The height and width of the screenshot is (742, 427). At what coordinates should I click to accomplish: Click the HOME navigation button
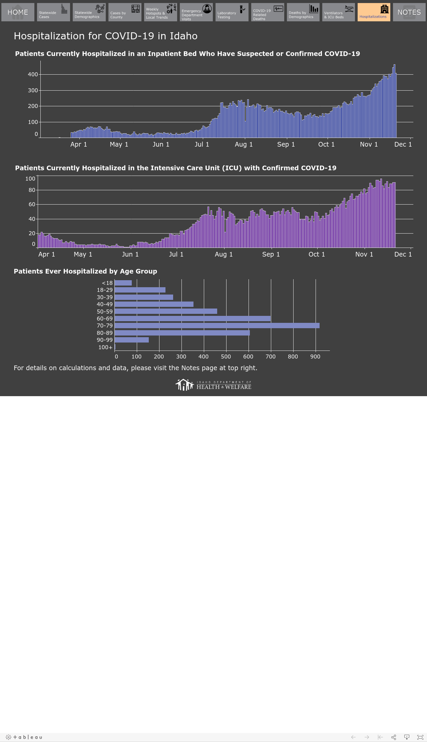coord(18,12)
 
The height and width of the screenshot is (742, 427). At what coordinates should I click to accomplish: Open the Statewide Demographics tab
coord(89,12)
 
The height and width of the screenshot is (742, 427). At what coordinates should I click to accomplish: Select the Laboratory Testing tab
coord(232,12)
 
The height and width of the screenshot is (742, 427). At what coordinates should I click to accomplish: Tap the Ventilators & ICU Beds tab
coord(339,12)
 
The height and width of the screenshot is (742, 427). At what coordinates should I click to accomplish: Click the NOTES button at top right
coord(409,12)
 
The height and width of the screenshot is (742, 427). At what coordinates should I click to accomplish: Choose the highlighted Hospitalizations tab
coord(374,12)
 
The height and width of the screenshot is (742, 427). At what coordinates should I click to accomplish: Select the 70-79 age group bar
coord(217,326)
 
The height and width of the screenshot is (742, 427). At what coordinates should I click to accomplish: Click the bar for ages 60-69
coord(192,319)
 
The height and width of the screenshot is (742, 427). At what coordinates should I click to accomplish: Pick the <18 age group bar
coord(123,283)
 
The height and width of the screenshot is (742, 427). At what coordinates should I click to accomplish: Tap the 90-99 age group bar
coord(131,340)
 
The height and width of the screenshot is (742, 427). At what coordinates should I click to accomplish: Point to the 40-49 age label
coord(105,304)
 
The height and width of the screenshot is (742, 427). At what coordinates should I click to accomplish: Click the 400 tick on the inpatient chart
coord(33,74)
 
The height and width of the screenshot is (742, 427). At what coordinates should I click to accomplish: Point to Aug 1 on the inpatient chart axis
coord(244,144)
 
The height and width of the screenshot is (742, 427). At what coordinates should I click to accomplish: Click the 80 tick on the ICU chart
coord(32,190)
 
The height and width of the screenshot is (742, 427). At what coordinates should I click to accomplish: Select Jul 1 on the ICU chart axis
coord(176,254)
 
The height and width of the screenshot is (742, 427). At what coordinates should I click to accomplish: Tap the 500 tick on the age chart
coord(226,357)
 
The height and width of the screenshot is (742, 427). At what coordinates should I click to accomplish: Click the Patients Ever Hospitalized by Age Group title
coord(85,271)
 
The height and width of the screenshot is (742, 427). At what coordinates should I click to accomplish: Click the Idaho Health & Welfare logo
coord(213,385)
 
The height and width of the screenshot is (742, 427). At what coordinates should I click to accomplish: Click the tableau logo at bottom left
coord(24,737)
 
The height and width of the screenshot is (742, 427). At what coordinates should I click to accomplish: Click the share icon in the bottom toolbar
coord(394,737)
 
